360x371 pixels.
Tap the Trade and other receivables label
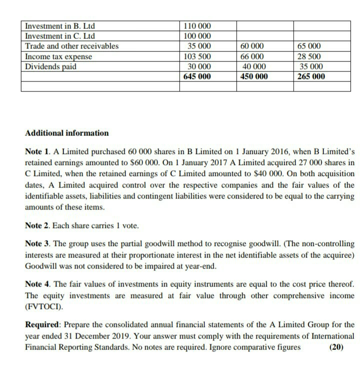click(72, 46)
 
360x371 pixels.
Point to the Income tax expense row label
click(58, 56)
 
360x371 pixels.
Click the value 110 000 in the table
click(197, 26)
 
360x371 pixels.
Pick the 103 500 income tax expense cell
click(197, 56)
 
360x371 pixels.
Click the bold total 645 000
click(197, 76)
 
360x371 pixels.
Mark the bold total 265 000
click(310, 76)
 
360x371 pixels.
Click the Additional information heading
click(66, 133)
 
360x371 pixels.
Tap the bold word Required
click(42, 324)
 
